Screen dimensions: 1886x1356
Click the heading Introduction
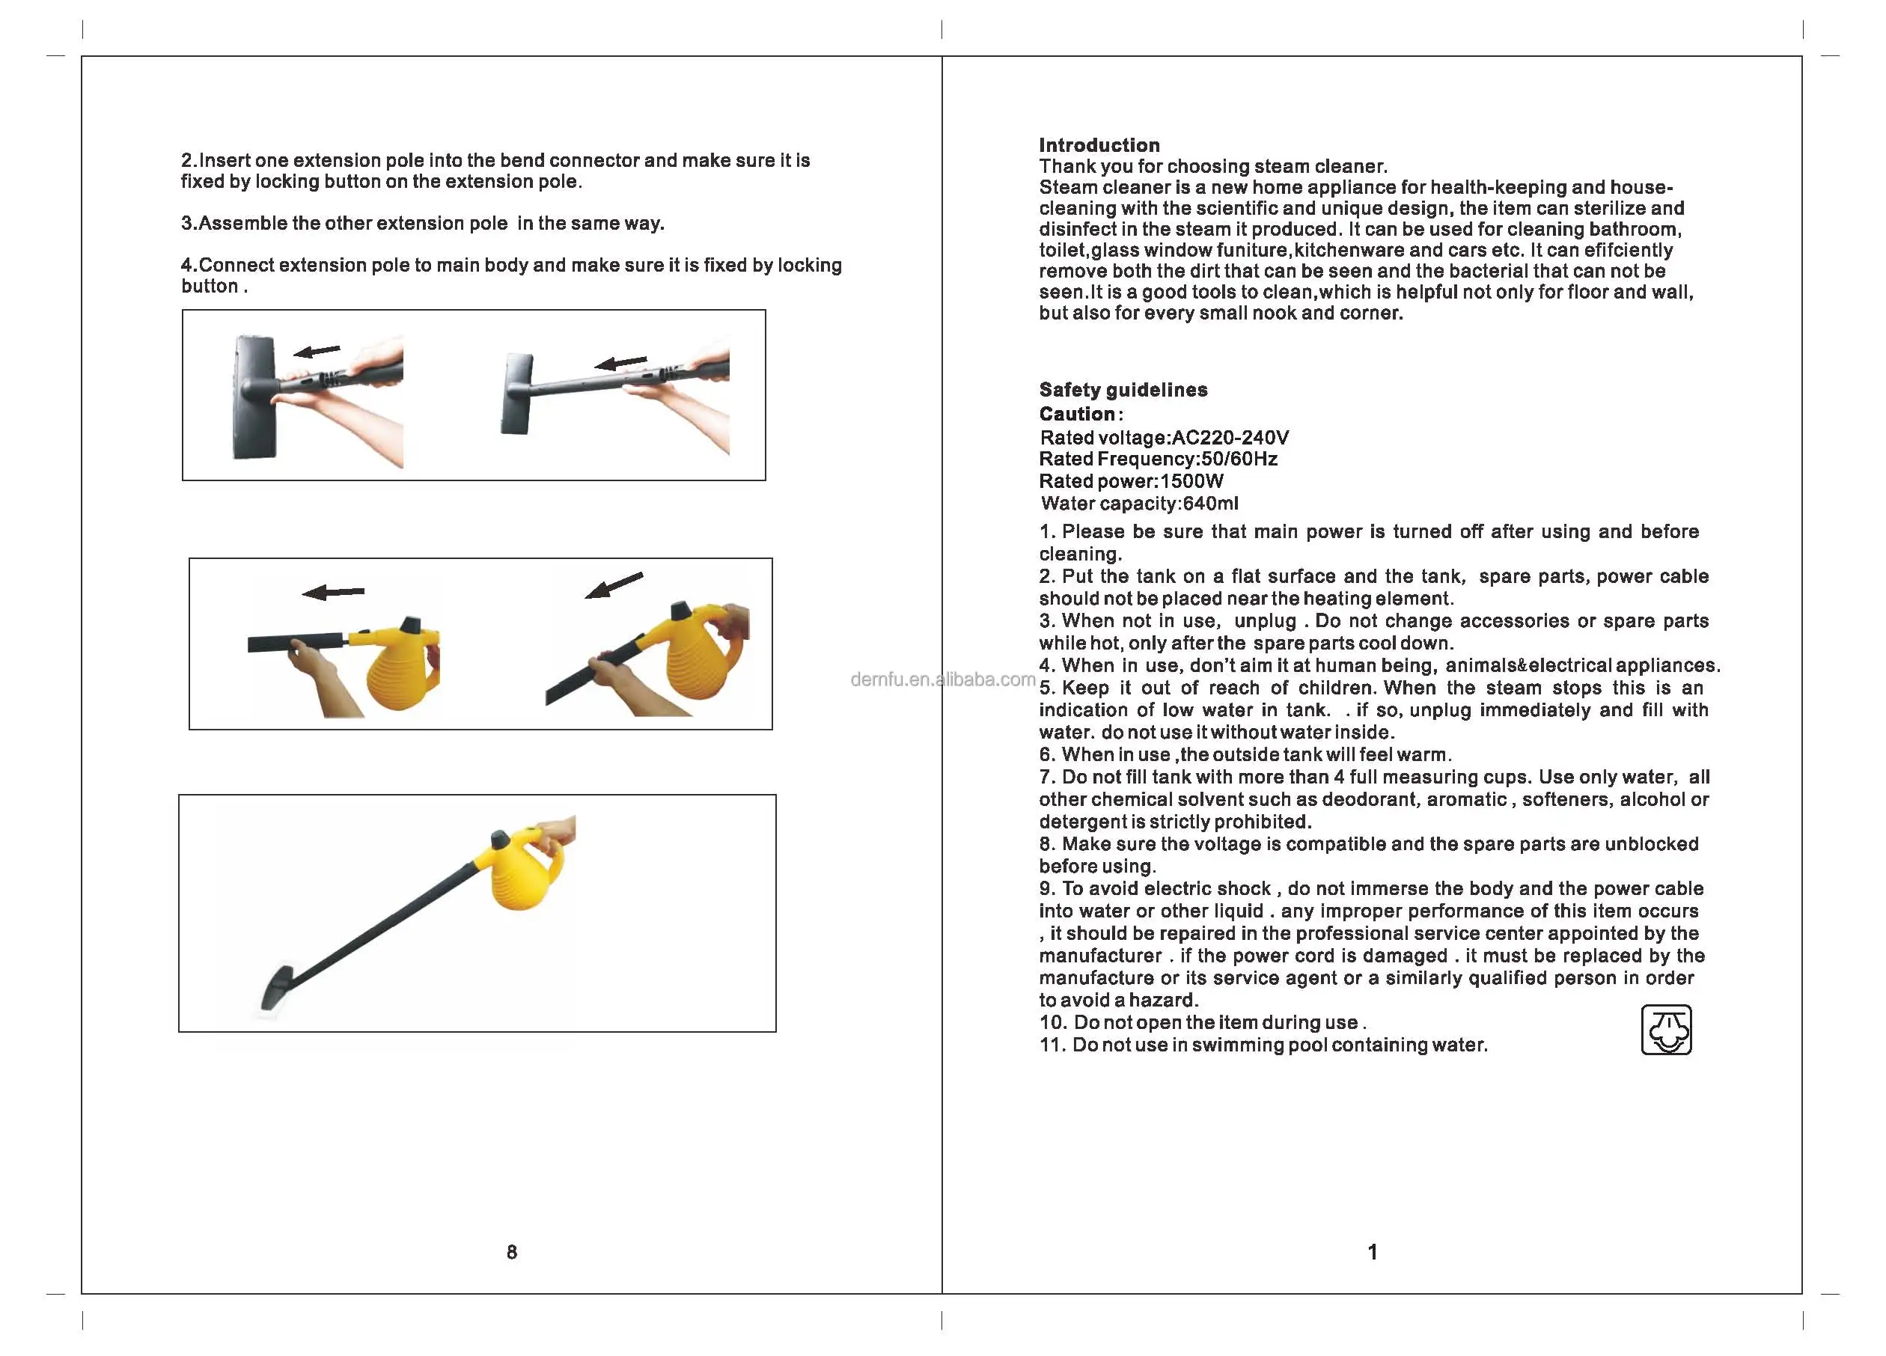(1099, 144)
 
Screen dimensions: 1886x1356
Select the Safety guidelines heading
(1123, 389)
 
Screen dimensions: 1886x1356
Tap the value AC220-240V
(1230, 437)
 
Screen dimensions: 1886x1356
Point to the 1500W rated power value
(1191, 480)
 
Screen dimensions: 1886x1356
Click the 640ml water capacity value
(1210, 503)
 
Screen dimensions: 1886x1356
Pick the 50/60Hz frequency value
(1239, 459)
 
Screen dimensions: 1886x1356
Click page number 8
(511, 1252)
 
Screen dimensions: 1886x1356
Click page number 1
(1372, 1252)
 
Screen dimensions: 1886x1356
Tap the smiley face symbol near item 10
(1666, 1029)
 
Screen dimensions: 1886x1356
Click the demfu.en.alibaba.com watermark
(943, 679)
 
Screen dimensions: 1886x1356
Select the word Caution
(1077, 413)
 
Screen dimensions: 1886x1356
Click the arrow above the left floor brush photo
(317, 351)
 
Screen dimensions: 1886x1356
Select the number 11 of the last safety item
(1051, 1045)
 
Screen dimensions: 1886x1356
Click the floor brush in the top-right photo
(516, 394)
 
